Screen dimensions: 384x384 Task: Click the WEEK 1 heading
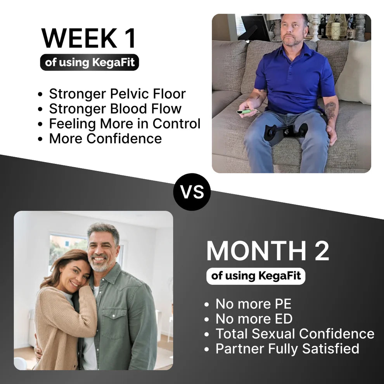(x=89, y=38)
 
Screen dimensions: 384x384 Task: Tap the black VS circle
(x=192, y=192)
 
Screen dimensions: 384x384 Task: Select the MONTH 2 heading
(x=268, y=251)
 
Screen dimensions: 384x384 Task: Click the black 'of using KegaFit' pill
(x=89, y=62)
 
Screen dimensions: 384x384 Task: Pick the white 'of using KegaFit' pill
(x=256, y=276)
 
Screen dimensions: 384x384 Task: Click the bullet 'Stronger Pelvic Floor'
(x=117, y=94)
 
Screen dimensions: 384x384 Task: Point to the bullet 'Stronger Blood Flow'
(x=115, y=109)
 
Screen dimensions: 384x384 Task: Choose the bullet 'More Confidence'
(x=105, y=138)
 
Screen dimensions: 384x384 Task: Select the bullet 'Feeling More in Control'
(x=125, y=124)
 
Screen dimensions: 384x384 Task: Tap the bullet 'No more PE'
(x=253, y=304)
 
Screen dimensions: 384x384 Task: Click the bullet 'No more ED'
(x=254, y=319)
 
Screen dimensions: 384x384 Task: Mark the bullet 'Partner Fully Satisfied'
(x=287, y=348)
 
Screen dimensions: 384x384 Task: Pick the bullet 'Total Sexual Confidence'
(x=295, y=334)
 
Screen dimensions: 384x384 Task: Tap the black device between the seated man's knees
(x=286, y=131)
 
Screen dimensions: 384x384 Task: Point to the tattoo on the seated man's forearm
(x=330, y=110)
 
